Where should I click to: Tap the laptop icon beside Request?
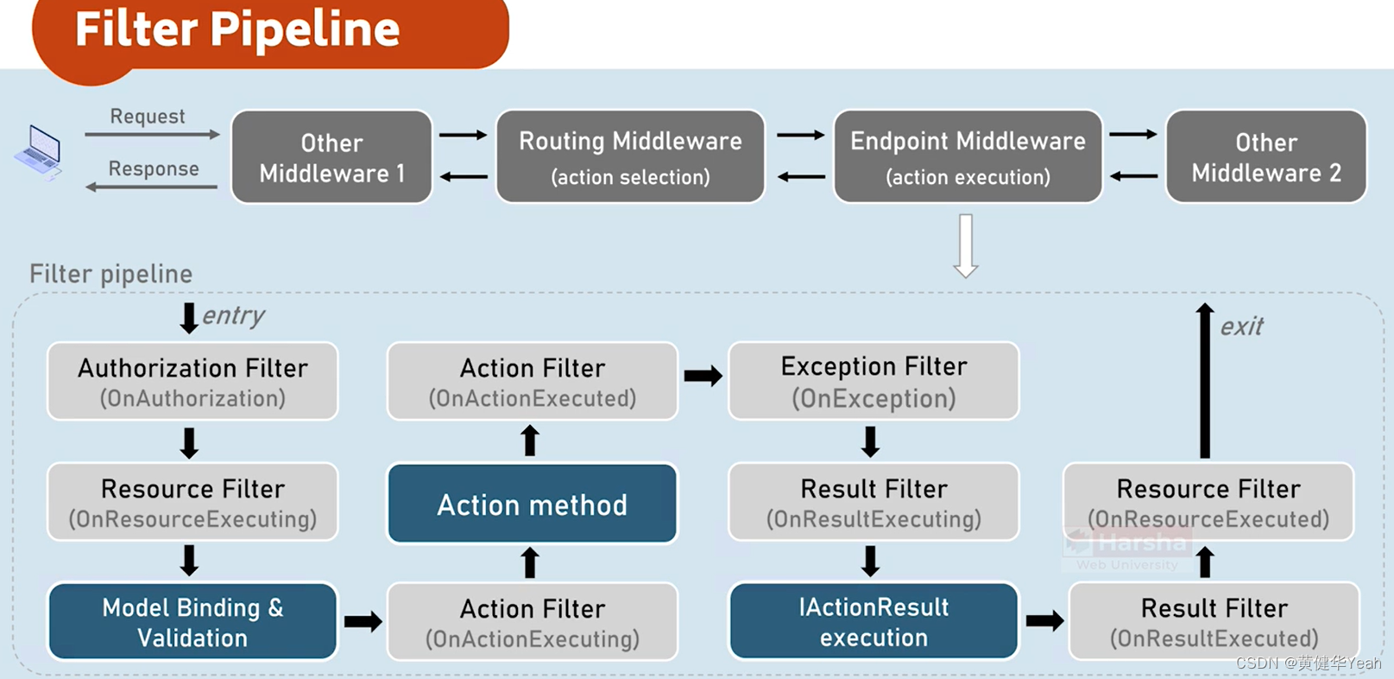[39, 152]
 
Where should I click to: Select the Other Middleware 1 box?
[331, 157]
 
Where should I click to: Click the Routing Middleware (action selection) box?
[630, 157]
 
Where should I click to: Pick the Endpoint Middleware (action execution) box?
[967, 157]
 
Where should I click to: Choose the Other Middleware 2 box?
[1265, 157]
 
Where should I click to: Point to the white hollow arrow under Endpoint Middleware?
[966, 246]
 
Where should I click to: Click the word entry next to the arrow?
[233, 316]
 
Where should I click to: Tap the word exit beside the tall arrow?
[1241, 327]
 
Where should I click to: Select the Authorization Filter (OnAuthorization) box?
[192, 382]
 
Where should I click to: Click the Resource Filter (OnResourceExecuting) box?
[192, 503]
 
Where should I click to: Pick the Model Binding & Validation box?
[192, 622]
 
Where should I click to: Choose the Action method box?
[532, 504]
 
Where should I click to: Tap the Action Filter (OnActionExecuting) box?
[532, 622]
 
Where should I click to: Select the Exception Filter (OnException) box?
[874, 381]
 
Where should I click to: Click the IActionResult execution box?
[874, 622]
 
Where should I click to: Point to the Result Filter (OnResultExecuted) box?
[1214, 622]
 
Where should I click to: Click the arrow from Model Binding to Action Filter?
[363, 622]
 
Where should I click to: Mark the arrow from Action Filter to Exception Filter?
[703, 376]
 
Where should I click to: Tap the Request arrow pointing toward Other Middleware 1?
[152, 135]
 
